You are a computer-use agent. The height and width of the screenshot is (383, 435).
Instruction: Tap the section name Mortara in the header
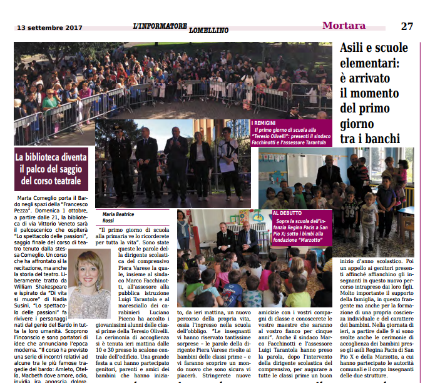(x=344, y=26)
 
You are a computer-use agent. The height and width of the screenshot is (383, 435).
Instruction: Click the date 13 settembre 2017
(x=50, y=28)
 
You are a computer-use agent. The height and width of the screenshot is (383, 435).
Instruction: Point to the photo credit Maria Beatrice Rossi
(x=118, y=218)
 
